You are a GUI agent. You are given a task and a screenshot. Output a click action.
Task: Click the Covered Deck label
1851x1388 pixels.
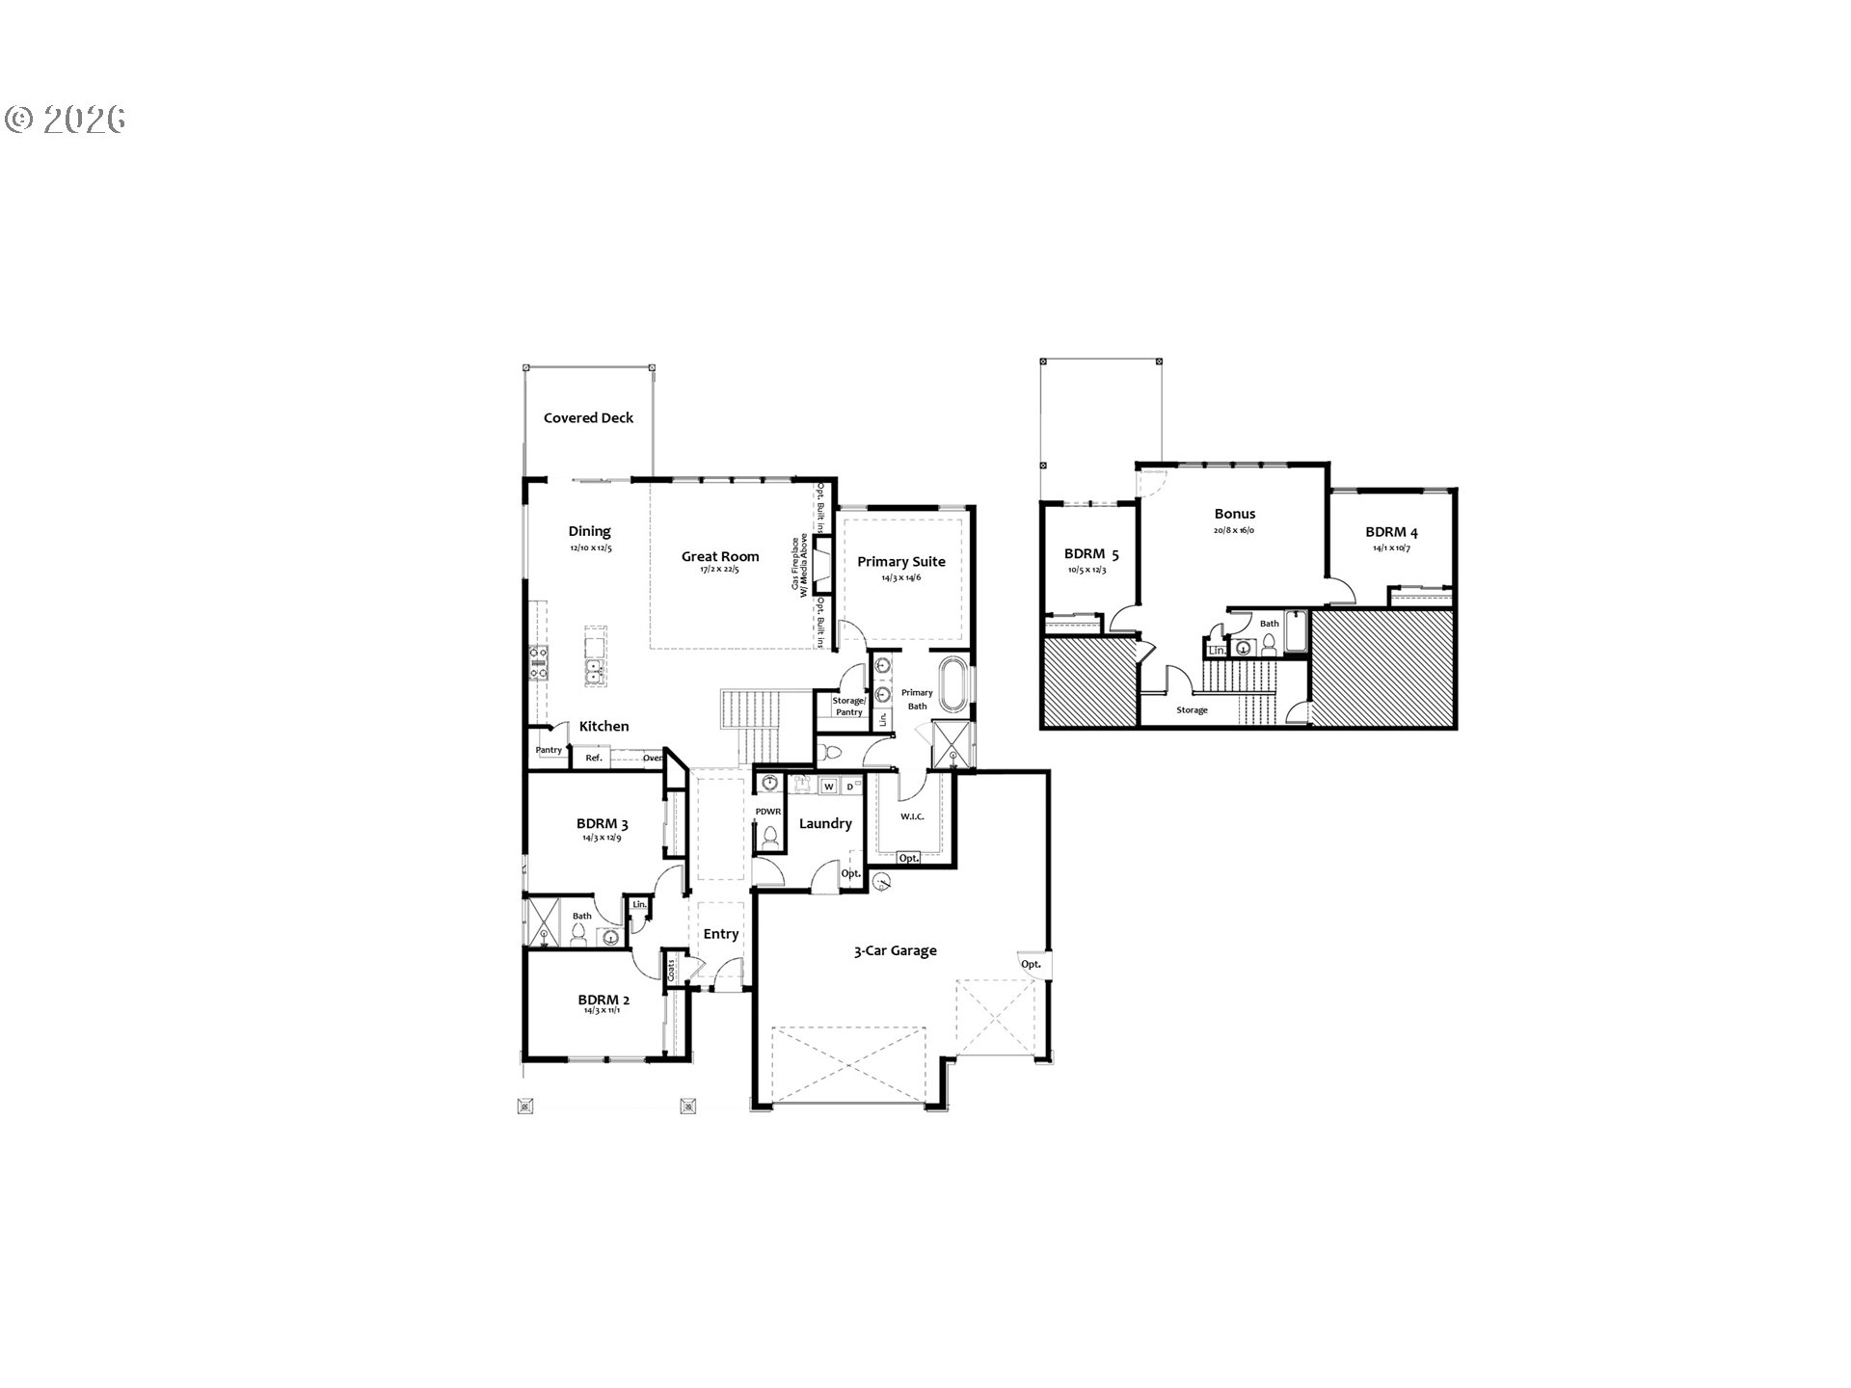[x=588, y=418]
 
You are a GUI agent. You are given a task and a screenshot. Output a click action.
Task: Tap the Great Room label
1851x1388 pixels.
[x=720, y=556]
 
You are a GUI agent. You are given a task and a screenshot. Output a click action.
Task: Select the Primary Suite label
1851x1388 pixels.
[x=901, y=561]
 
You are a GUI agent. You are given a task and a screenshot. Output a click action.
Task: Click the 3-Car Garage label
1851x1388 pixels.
[x=895, y=950]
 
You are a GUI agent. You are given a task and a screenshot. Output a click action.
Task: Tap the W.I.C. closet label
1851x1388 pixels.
[x=911, y=817]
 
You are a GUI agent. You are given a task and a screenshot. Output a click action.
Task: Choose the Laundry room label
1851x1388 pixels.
[x=825, y=823]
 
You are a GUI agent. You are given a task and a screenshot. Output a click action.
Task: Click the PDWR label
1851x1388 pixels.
[x=767, y=812]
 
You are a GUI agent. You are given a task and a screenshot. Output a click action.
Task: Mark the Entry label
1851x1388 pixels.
[x=720, y=933]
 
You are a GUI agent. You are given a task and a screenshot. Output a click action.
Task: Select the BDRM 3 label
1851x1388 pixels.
[x=603, y=824]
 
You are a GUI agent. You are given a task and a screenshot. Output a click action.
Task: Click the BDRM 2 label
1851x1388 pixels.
[x=604, y=1000]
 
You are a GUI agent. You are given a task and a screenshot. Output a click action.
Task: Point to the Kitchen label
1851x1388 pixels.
[x=604, y=726]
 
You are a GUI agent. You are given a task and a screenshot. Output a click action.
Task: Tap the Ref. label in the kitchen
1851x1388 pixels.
[x=594, y=759]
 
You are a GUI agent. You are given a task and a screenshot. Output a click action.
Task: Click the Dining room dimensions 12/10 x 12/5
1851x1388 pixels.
[x=590, y=548]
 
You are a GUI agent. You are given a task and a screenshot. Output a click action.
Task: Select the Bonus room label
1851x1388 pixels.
[x=1235, y=514]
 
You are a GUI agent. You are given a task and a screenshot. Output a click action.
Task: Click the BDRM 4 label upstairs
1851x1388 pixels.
[x=1391, y=532]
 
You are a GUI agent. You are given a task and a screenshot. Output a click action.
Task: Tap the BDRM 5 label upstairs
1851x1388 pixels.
[x=1091, y=554]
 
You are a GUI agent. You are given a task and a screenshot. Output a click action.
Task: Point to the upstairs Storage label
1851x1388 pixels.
[x=1192, y=710]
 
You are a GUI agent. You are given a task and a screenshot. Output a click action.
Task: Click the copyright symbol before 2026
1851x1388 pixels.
[x=19, y=119]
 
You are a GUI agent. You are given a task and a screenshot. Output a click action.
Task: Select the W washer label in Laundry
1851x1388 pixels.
[x=827, y=787]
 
